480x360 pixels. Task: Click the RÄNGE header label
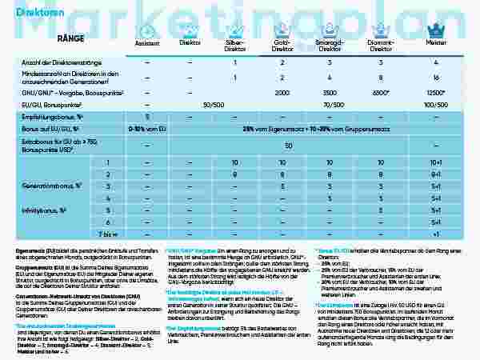70,38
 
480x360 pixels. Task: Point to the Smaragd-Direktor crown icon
330,34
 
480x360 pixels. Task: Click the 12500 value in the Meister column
436,92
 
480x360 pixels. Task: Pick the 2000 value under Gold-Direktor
282,92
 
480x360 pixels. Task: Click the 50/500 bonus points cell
213,104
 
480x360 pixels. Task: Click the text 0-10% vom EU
148,128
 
